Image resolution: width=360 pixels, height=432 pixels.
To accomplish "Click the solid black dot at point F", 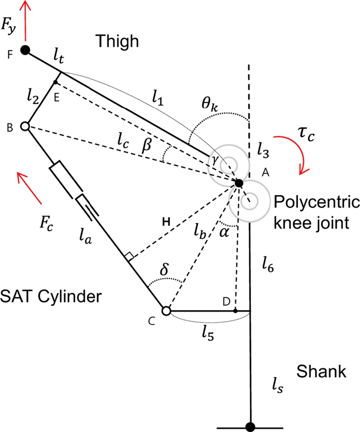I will click(26, 50).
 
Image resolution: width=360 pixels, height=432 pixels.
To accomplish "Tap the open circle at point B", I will click(25, 127).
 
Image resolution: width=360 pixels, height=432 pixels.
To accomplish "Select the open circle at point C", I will click(166, 311).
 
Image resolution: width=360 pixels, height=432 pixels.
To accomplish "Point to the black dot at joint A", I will click(239, 183).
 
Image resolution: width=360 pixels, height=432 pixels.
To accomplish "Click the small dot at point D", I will click(235, 310).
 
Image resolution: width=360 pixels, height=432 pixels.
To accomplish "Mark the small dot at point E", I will click(55, 82).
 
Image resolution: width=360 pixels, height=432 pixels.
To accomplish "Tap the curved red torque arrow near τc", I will click(300, 153).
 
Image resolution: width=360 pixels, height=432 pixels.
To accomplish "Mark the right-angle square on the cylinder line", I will click(130, 258).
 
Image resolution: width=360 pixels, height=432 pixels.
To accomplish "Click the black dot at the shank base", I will click(250, 426).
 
